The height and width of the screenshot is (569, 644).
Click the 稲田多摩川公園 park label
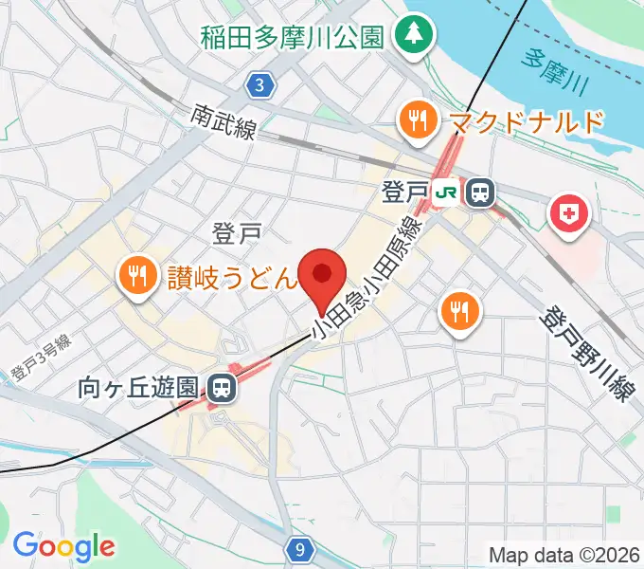pos(293,38)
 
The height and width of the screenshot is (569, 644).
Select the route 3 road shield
pos(259,86)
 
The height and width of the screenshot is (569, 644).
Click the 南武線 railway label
pos(223,121)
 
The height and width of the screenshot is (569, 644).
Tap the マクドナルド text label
pos(526,122)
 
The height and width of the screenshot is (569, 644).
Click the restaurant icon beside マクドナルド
pos(416,120)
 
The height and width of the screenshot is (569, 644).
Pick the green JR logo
pos(447,193)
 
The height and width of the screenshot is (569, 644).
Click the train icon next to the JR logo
pos(480,193)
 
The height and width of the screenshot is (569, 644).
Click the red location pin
pos(322,276)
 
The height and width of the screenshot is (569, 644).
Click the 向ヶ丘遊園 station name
pos(138,387)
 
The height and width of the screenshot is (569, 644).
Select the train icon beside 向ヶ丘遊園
pos(223,387)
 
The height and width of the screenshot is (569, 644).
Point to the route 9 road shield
pos(299,548)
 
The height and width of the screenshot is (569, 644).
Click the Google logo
pos(63,546)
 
